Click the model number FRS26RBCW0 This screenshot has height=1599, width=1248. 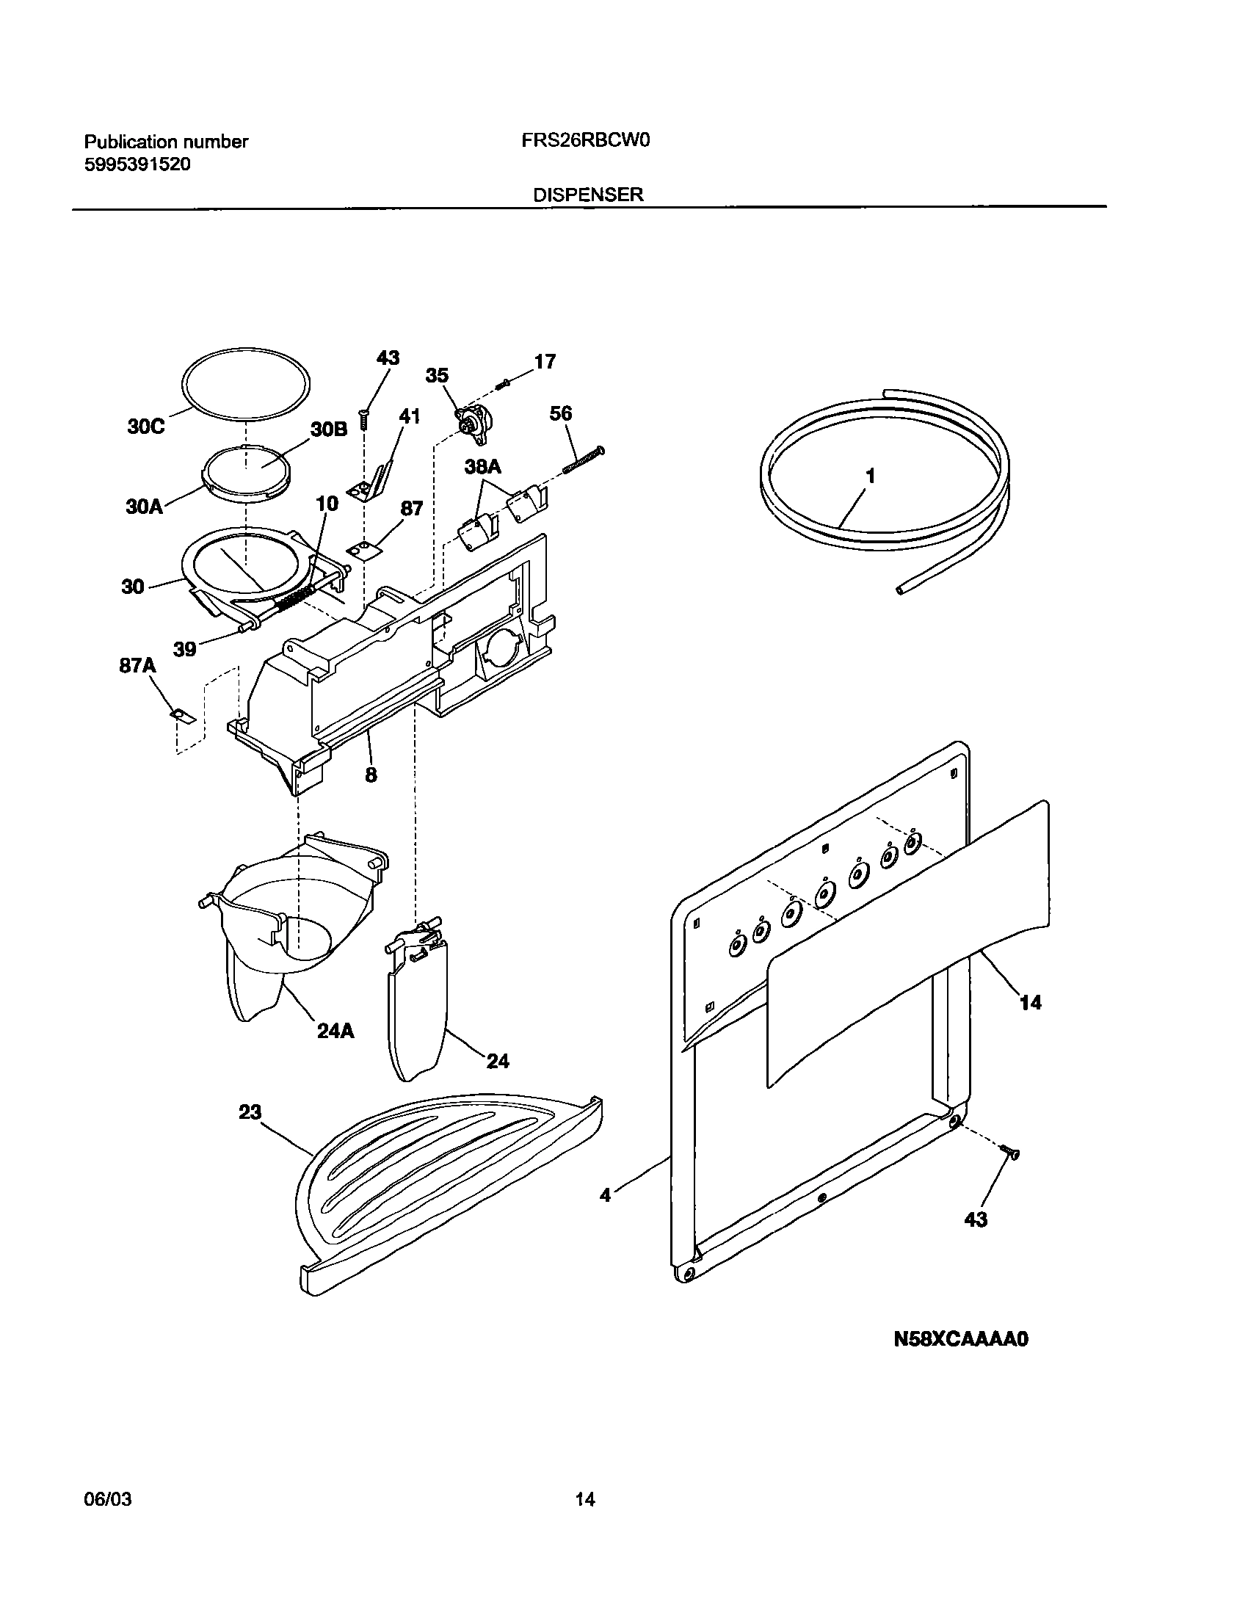pyautogui.click(x=586, y=141)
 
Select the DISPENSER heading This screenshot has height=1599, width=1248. pyautogui.click(x=588, y=195)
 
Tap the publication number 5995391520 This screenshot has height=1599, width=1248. pyautogui.click(x=137, y=164)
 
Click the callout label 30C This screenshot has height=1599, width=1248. pyautogui.click(x=145, y=427)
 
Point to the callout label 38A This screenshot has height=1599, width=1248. pyautogui.click(x=482, y=467)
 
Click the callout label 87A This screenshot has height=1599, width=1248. pyautogui.click(x=138, y=665)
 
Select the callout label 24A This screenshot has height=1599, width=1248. pyautogui.click(x=335, y=1031)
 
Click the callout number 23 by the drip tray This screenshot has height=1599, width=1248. pyautogui.click(x=250, y=1112)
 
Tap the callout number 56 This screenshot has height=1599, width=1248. pyautogui.click(x=560, y=413)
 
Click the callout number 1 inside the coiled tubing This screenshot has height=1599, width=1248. pyautogui.click(x=870, y=476)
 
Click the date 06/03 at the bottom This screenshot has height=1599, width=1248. pyautogui.click(x=108, y=1498)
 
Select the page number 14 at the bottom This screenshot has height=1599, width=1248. pyautogui.click(x=585, y=1499)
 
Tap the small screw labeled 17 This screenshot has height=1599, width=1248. pyautogui.click(x=503, y=382)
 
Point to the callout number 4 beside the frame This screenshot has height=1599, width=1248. pyautogui.click(x=605, y=1195)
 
